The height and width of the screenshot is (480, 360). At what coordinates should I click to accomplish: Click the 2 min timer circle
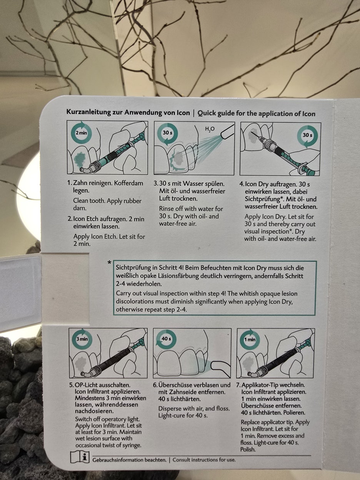click(81, 133)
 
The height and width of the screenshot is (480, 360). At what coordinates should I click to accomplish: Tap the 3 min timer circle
click(82, 339)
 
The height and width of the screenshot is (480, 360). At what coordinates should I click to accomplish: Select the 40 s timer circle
click(166, 339)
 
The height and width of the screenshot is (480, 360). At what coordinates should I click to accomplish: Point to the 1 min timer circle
click(250, 340)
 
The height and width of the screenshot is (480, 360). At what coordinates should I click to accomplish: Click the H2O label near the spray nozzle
click(210, 129)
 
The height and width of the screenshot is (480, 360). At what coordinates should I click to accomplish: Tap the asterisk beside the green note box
click(109, 262)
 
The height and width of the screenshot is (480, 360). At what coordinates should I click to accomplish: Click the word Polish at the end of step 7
click(248, 449)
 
